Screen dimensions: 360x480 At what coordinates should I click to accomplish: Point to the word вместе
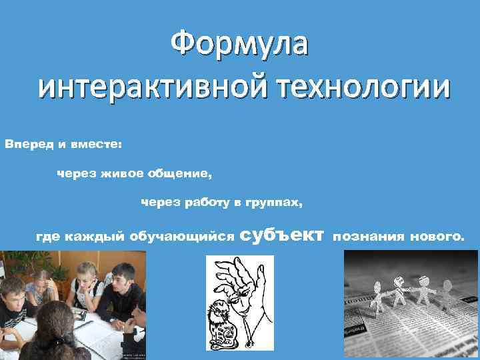tap(95, 143)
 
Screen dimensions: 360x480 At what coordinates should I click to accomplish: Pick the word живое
tap(122, 174)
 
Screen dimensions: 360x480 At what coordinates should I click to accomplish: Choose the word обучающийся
tap(181, 235)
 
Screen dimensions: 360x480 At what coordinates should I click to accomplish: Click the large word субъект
tap(281, 234)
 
